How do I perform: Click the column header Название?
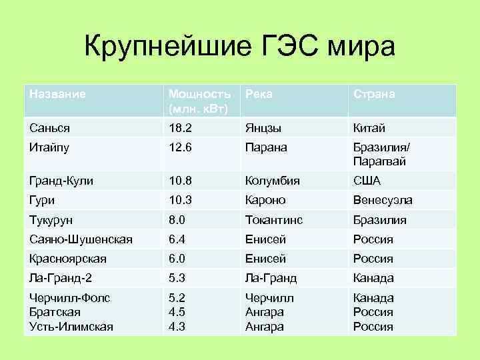(x=57, y=94)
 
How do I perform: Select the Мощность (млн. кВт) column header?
(x=200, y=101)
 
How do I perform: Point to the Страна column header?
(x=374, y=94)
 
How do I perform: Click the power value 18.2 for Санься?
(x=179, y=128)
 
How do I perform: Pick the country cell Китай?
(x=369, y=128)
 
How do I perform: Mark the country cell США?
(x=367, y=181)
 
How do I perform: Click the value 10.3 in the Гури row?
(x=179, y=200)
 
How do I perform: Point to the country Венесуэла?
(x=383, y=200)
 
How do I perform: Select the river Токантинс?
(x=274, y=220)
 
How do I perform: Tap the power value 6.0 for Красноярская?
(x=177, y=259)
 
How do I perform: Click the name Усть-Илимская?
(x=71, y=327)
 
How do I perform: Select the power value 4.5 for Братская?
(x=177, y=312)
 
